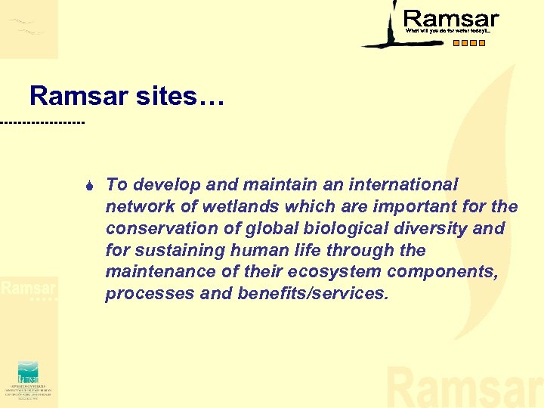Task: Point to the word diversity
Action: tap(430, 228)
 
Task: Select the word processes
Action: tap(149, 293)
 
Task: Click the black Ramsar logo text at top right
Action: tap(451, 18)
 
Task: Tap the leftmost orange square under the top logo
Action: tap(456, 43)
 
